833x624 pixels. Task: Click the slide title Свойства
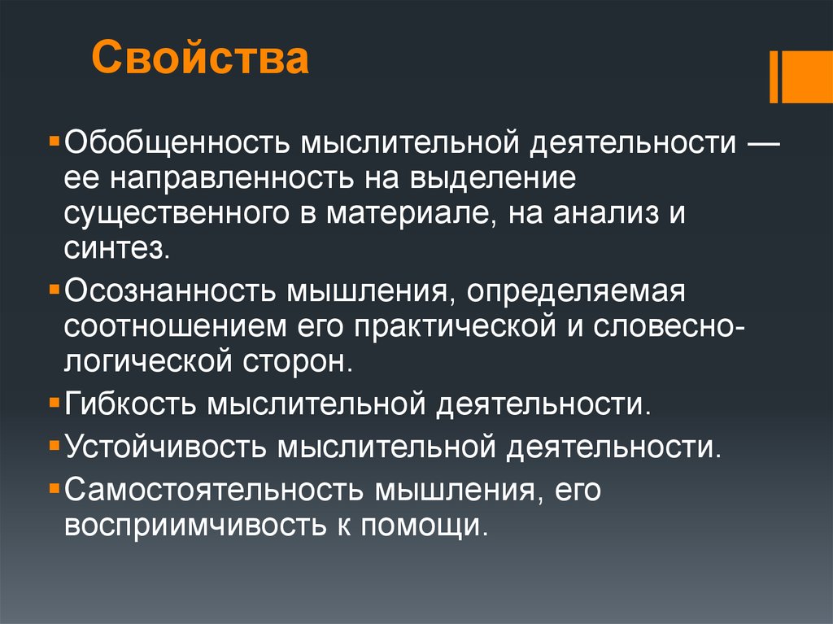coord(199,59)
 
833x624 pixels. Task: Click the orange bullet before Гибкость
coord(54,402)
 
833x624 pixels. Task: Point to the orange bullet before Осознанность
coord(54,289)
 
